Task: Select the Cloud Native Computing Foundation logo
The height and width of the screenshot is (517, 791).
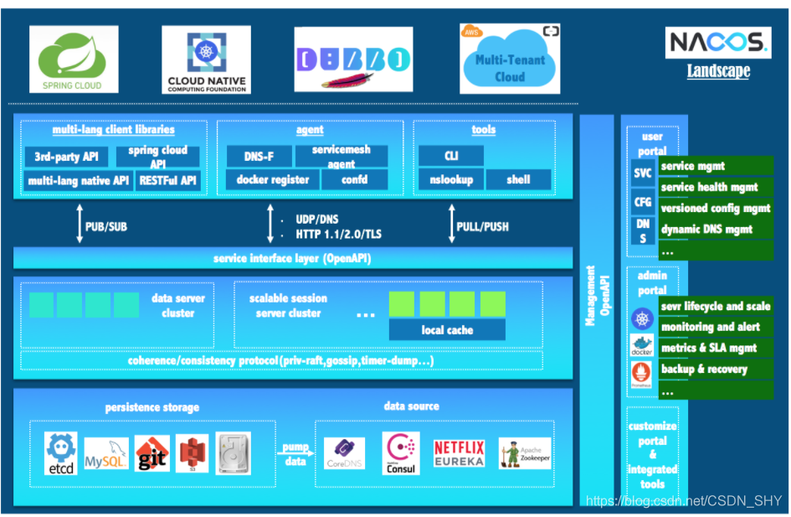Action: point(206,59)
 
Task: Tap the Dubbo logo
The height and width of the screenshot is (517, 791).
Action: point(353,59)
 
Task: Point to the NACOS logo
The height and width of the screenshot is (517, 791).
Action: point(717,43)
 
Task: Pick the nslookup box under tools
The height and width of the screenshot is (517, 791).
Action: point(451,179)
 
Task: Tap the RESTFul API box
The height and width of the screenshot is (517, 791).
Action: point(167,180)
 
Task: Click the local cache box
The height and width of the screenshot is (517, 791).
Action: point(447,330)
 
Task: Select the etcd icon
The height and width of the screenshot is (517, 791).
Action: point(61,454)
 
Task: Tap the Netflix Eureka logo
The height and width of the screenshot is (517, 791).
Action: point(459,453)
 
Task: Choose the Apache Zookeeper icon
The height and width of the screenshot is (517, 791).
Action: point(525,453)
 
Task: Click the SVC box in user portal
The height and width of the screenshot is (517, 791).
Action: point(643,173)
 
